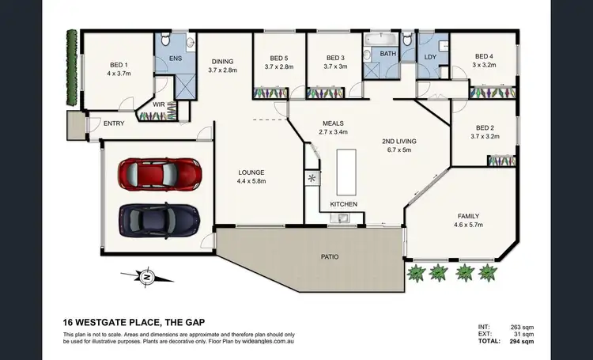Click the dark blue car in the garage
click(x=159, y=217)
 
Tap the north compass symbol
click(x=146, y=276)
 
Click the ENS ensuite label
click(x=176, y=59)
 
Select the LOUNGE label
click(x=251, y=172)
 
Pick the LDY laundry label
click(x=430, y=57)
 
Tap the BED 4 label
click(x=484, y=56)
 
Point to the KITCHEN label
click(x=344, y=204)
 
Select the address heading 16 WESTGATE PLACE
click(x=127, y=323)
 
